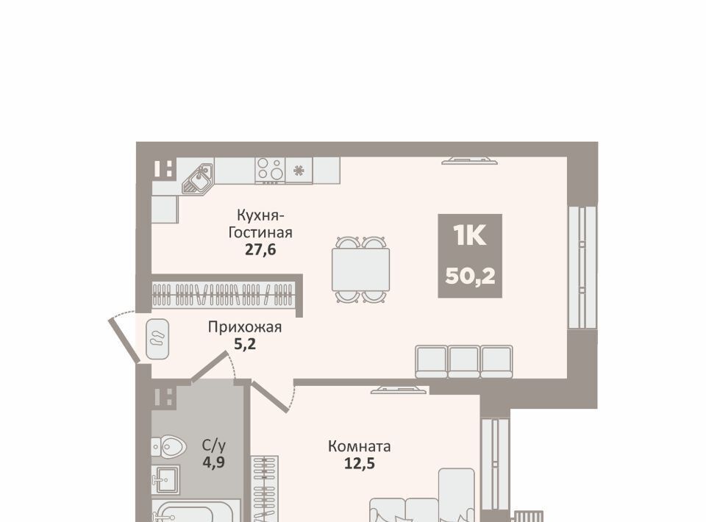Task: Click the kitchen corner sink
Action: pos(197,178)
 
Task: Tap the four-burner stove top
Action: pos(270,171)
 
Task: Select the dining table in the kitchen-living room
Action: pos(360,269)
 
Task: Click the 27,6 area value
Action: pos(260,249)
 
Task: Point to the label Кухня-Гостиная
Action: pos(260,224)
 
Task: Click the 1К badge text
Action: pos(470,235)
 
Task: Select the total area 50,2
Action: pos(470,276)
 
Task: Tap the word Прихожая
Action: pos(244,326)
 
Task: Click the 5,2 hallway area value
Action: pos(244,344)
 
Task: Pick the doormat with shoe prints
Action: pos(157,339)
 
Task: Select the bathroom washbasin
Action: pos(165,479)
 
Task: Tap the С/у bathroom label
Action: pos(213,446)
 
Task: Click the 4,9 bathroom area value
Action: pos(213,462)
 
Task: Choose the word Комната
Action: pos(360,446)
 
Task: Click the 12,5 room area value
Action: pos(360,463)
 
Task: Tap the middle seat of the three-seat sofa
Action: pos(464,361)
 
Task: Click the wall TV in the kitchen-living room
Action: pos(469,160)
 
